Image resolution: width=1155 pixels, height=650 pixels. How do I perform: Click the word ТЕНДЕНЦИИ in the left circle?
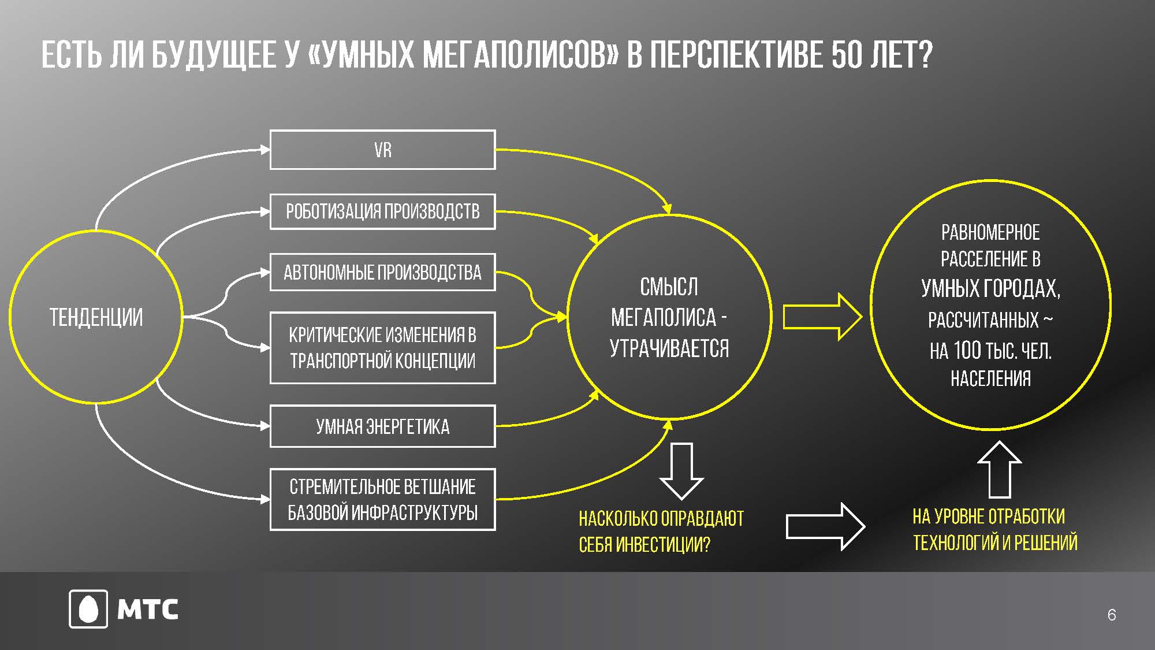[96, 317]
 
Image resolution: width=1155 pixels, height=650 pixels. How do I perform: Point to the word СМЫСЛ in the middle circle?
[669, 287]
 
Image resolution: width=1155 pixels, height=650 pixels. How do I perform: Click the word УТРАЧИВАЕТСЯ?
[669, 348]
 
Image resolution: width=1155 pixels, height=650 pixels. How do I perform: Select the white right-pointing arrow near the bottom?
[826, 526]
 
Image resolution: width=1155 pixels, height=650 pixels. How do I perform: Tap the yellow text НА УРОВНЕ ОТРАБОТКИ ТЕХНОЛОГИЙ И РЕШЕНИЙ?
[995, 529]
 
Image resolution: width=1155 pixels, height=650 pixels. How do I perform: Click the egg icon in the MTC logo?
[88, 609]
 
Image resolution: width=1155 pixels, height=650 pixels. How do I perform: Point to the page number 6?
[1112, 615]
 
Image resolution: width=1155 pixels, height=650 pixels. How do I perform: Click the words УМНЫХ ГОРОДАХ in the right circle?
[990, 288]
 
